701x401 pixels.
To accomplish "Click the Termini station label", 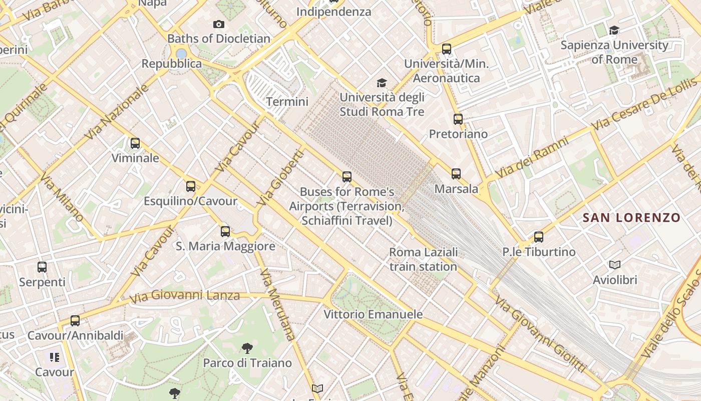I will [x=287, y=102].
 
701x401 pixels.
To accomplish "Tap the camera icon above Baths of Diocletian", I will [x=218, y=24].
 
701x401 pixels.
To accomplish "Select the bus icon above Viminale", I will [x=135, y=143].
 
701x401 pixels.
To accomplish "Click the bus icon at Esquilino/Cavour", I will [x=190, y=186].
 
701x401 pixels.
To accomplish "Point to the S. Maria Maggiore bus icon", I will [x=225, y=231].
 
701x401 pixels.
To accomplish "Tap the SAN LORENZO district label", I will [x=632, y=218].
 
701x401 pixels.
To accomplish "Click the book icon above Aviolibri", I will [x=614, y=265].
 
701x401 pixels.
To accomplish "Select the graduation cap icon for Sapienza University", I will [x=614, y=31].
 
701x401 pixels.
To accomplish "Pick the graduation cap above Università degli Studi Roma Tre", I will [x=382, y=83].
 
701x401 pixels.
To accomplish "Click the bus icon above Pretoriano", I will [x=458, y=119].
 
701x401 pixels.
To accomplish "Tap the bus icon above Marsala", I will [x=456, y=174].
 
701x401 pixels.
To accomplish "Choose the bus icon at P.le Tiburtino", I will [x=539, y=237].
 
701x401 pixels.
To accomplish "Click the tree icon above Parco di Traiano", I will [x=247, y=348].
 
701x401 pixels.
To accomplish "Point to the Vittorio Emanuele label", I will [x=373, y=315].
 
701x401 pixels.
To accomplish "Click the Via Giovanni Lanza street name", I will [x=185, y=296].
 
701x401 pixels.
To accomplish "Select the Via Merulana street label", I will [x=276, y=305].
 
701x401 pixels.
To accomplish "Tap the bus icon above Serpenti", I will [x=42, y=267].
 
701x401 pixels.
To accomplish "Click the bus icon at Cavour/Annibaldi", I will [x=75, y=321].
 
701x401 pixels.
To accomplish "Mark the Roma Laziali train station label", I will [x=423, y=259].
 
